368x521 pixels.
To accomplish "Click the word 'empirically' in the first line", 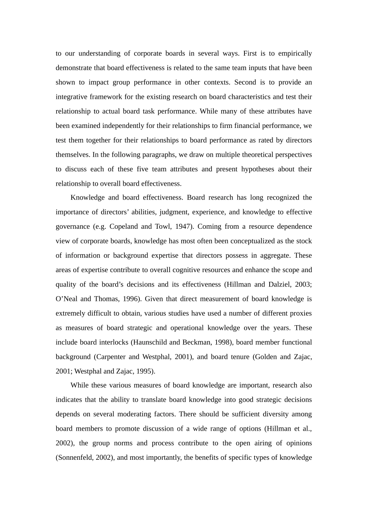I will [295, 53].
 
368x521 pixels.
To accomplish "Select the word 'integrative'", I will [72, 97].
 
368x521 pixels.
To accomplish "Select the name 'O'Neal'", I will [66, 299].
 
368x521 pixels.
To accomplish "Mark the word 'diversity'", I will [273, 414].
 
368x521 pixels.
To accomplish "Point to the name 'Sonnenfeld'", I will [74, 457].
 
